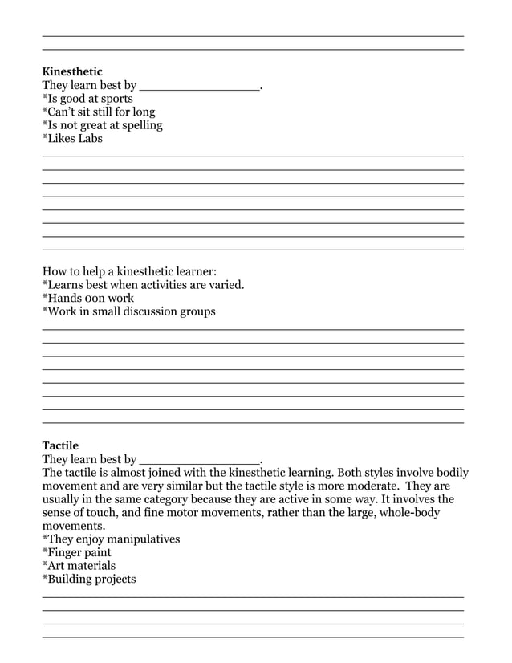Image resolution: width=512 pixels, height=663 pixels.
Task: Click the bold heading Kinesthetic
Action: point(72,71)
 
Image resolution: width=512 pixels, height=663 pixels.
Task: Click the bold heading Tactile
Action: point(60,445)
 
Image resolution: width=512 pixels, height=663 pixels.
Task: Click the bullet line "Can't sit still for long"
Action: point(99,112)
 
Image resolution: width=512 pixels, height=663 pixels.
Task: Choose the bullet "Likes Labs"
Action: point(72,138)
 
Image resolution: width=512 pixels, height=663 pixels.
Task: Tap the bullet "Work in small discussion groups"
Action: point(128,311)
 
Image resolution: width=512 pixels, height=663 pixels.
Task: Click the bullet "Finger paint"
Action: point(77,552)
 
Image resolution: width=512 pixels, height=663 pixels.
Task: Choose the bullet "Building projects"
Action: point(89,579)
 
